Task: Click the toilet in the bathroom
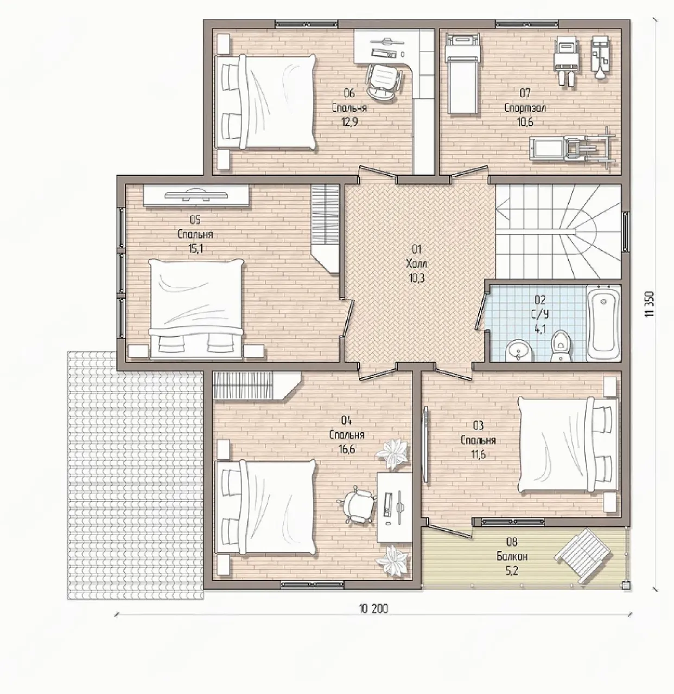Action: (x=560, y=345)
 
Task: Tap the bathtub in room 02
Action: (x=603, y=323)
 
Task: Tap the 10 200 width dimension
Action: (x=373, y=608)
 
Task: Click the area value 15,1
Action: (x=195, y=248)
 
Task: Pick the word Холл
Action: (x=417, y=264)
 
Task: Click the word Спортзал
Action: (x=525, y=108)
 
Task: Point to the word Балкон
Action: (x=512, y=556)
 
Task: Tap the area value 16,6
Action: (x=347, y=449)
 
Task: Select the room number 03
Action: (x=478, y=426)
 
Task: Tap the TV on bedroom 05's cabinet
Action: (x=196, y=194)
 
